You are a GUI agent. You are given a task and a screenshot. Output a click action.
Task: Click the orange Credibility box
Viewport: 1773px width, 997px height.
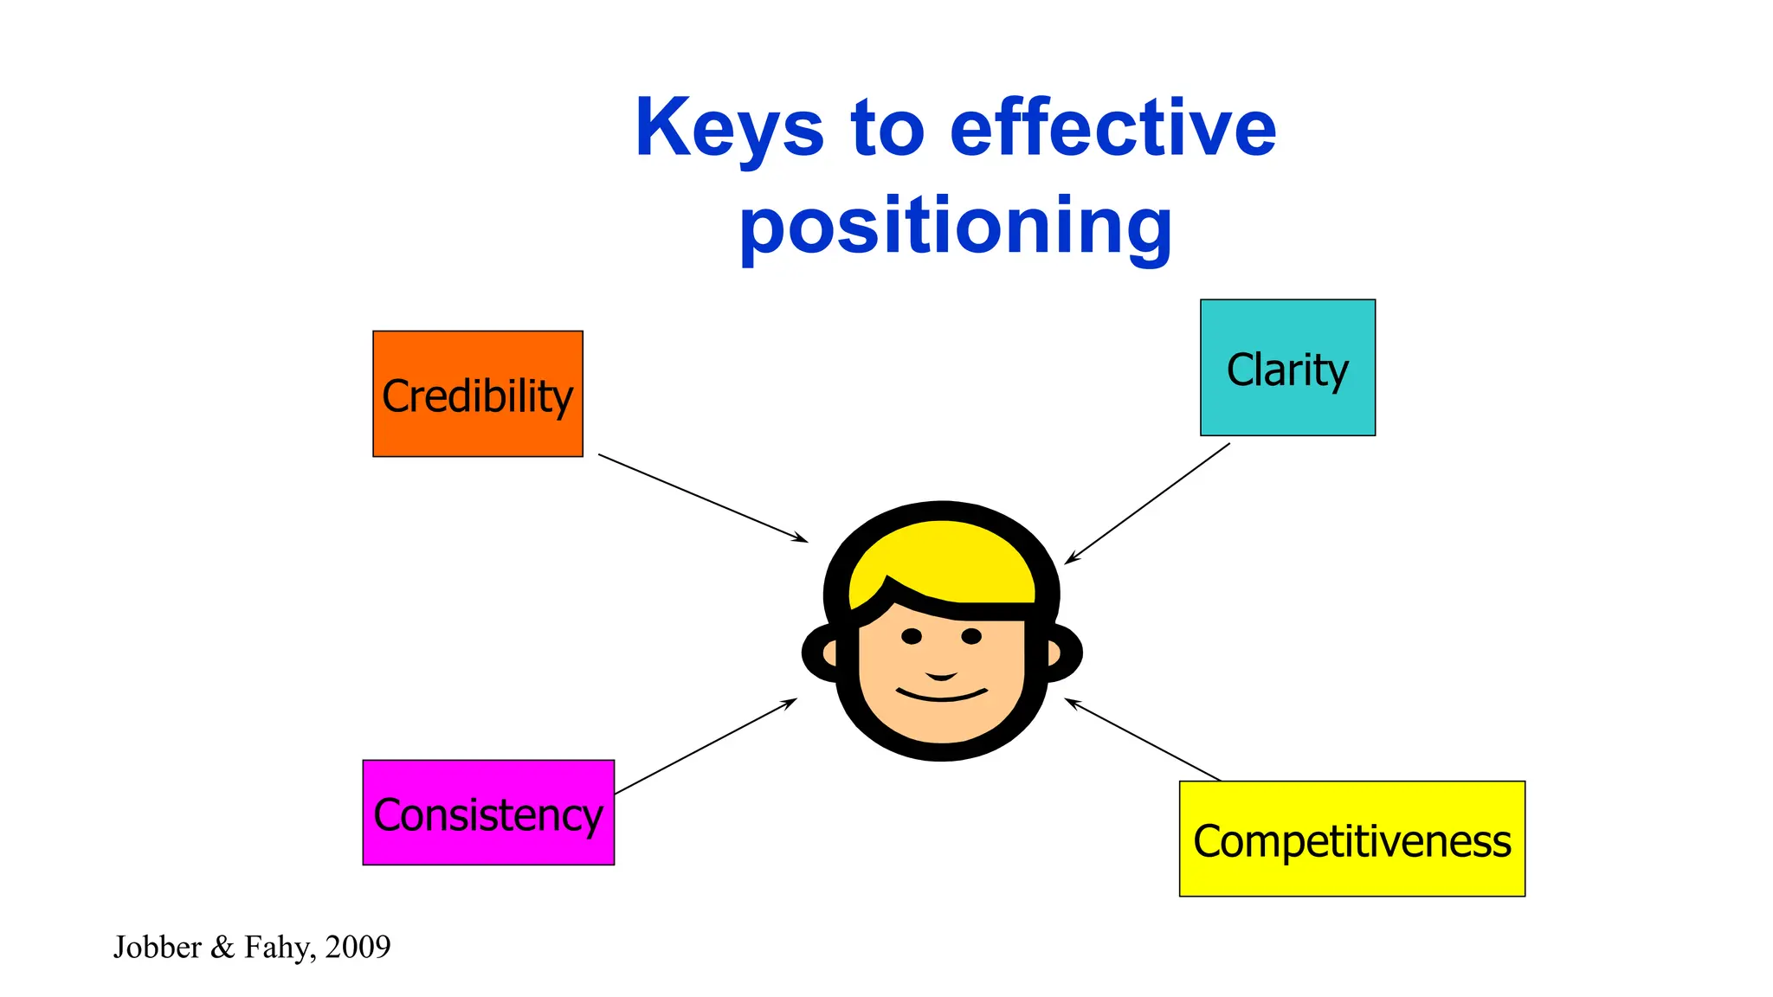click(477, 394)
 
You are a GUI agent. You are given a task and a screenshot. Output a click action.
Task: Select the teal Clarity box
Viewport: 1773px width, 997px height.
click(1287, 368)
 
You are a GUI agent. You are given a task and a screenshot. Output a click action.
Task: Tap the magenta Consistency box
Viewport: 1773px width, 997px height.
click(488, 813)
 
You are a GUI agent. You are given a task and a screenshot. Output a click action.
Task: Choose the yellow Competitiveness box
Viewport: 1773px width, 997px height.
click(1351, 839)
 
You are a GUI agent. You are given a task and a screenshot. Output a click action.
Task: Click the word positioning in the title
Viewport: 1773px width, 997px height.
click(956, 227)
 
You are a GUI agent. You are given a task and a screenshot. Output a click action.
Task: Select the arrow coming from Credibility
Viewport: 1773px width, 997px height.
click(703, 498)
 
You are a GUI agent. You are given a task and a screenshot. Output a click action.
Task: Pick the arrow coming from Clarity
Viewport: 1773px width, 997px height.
click(1147, 504)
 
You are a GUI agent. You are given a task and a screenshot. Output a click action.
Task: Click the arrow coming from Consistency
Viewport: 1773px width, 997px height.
click(706, 746)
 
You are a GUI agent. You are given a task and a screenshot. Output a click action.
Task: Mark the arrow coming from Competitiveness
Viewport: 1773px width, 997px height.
click(1143, 740)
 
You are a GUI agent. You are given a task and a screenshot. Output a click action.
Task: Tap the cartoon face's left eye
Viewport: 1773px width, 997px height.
click(912, 637)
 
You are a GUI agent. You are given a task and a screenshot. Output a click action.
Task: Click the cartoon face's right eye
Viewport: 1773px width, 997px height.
click(971, 637)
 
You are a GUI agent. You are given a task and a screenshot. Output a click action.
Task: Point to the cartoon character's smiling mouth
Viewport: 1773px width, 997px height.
click(942, 695)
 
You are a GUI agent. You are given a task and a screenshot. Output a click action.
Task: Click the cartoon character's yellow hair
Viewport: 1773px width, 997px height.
click(944, 558)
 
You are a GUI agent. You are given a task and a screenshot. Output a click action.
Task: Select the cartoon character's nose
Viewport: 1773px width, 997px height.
click(941, 676)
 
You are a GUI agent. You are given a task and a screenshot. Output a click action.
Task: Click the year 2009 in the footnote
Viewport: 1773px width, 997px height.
click(358, 947)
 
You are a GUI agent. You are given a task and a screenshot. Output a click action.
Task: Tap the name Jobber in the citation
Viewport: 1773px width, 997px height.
click(158, 947)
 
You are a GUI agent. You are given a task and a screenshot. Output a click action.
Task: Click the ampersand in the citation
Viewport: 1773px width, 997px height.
click(222, 947)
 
